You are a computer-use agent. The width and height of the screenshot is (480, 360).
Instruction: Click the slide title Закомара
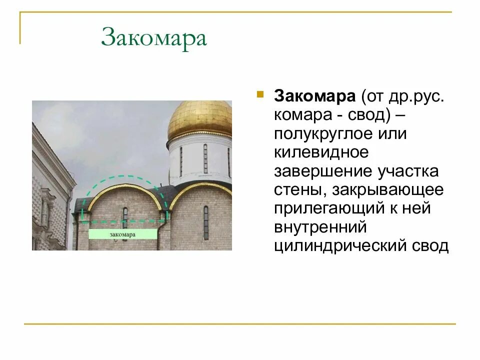(153, 38)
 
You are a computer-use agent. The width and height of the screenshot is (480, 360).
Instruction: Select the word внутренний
(320, 227)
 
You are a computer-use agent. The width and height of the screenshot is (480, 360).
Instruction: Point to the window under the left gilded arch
(125, 216)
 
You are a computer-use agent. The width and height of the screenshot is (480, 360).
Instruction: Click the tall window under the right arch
(206, 222)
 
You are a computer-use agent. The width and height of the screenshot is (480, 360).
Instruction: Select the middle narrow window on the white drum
(205, 158)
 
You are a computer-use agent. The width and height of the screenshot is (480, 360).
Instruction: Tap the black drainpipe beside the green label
(158, 235)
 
